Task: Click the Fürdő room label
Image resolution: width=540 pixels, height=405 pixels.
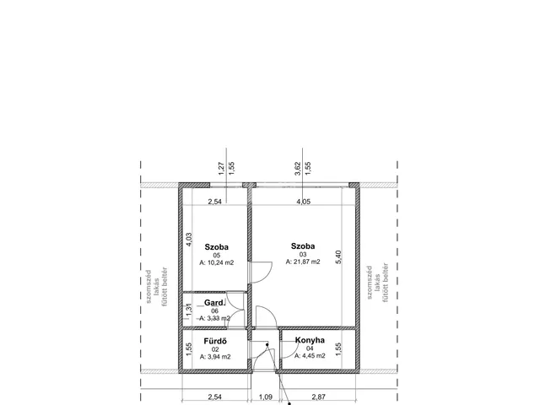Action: click(x=215, y=341)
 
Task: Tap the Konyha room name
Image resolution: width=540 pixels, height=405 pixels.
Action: click(x=310, y=340)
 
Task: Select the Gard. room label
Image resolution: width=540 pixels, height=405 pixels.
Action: click(x=215, y=303)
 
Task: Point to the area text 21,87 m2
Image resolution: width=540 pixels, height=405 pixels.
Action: click(x=303, y=262)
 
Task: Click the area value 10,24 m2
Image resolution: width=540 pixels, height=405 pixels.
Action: click(x=217, y=262)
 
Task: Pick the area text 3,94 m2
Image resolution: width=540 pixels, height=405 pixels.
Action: click(x=215, y=357)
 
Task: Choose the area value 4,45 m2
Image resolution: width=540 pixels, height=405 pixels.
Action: click(x=310, y=356)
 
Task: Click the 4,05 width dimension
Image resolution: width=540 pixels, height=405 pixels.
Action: click(x=304, y=202)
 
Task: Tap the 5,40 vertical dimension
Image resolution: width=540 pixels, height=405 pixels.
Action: click(x=337, y=257)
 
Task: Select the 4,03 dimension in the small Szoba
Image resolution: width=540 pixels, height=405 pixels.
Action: click(x=189, y=240)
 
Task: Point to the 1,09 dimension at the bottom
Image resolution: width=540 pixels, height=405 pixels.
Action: click(x=265, y=397)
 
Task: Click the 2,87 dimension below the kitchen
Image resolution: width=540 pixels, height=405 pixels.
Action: click(x=319, y=397)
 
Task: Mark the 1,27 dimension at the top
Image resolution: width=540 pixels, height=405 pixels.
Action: click(x=221, y=169)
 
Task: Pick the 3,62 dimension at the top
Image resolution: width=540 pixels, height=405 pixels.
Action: click(x=298, y=169)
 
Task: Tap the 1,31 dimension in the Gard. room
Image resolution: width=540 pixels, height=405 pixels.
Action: click(x=188, y=310)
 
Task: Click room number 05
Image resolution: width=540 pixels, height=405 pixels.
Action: click(x=217, y=255)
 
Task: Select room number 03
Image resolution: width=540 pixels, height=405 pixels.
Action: click(x=303, y=255)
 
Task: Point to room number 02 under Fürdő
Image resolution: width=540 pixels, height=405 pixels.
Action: click(x=215, y=349)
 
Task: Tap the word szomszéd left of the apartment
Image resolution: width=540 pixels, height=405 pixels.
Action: click(x=148, y=287)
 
